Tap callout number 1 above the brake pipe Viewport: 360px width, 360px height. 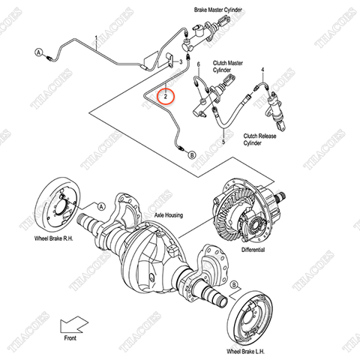[x=96, y=37]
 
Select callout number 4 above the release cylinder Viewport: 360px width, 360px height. [x=263, y=70]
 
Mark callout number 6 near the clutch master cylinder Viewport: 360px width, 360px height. [x=199, y=65]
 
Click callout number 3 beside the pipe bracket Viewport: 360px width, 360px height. [x=181, y=60]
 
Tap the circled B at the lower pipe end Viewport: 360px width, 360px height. [x=191, y=154]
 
